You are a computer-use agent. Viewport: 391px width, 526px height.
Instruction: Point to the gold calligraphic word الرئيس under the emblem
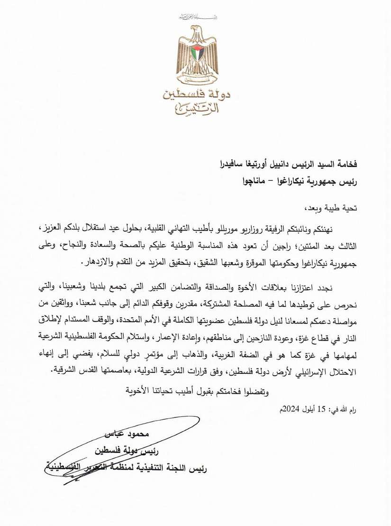pos(195,111)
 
